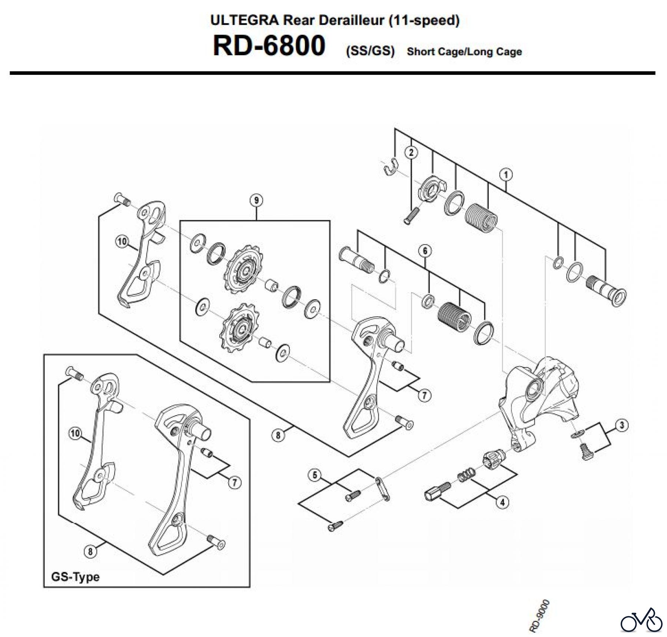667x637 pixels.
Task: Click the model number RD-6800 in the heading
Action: pos(269,46)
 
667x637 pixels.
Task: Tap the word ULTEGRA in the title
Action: pos(244,20)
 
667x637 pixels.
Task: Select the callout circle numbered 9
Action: pos(256,200)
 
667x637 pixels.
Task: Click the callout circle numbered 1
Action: pos(506,174)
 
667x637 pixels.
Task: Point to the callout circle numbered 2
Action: pos(411,152)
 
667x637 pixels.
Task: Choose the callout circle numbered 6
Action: pos(425,251)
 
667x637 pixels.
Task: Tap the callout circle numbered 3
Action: pos(622,425)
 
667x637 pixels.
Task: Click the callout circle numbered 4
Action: pos(502,503)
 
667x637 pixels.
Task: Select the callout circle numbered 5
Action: pos(315,475)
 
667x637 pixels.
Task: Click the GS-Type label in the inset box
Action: pos(75,577)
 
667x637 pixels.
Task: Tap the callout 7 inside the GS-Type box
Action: pos(234,483)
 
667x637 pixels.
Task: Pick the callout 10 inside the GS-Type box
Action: pos(75,433)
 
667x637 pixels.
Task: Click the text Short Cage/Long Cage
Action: pos(464,51)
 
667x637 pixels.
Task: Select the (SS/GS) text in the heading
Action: pos(370,51)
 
